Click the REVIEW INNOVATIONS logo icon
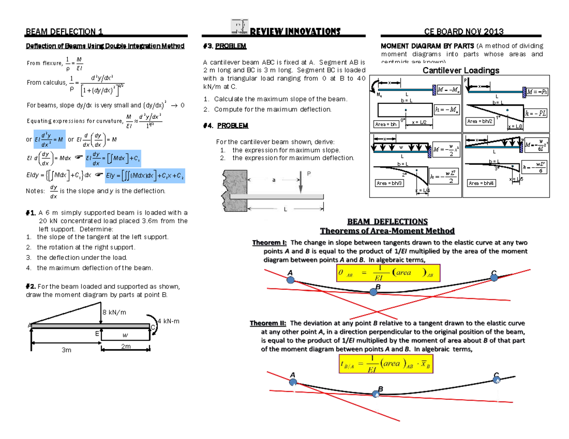click(x=239, y=27)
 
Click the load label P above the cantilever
click(x=309, y=174)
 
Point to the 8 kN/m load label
click(x=114, y=313)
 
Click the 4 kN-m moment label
click(x=168, y=322)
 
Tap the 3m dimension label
click(x=66, y=350)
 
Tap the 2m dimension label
click(x=126, y=347)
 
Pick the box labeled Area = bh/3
click(x=389, y=183)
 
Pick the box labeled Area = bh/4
click(x=482, y=183)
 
